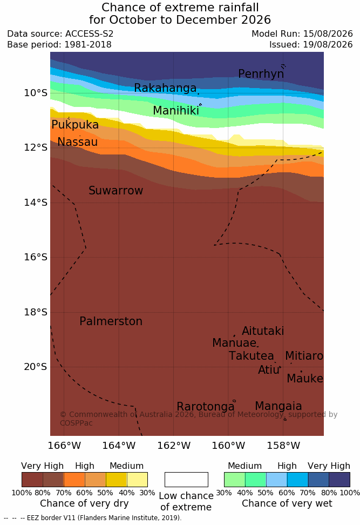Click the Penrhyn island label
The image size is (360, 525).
click(x=261, y=74)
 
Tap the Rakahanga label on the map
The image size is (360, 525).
click(x=165, y=87)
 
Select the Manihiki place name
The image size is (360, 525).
click(x=176, y=111)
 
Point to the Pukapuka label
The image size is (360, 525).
click(x=75, y=125)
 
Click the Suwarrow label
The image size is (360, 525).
click(x=116, y=191)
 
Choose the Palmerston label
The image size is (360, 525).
click(x=111, y=321)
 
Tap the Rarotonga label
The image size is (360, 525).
click(x=206, y=407)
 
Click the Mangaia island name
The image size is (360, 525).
click(x=279, y=406)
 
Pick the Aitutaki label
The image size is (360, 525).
click(x=263, y=331)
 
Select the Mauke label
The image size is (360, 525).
click(x=305, y=378)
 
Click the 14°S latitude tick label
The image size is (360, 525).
click(x=36, y=203)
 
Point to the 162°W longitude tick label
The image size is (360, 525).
click(x=174, y=446)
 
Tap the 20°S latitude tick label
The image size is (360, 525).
click(x=36, y=367)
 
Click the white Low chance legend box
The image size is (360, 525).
click(x=186, y=480)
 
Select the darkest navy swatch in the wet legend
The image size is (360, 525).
click(x=339, y=480)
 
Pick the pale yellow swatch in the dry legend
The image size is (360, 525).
click(x=137, y=480)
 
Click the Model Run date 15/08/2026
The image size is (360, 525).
click(x=328, y=34)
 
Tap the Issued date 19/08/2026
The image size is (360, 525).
click(x=328, y=44)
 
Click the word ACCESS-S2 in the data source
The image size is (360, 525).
click(x=90, y=34)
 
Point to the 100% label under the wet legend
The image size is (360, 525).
click(x=350, y=493)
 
